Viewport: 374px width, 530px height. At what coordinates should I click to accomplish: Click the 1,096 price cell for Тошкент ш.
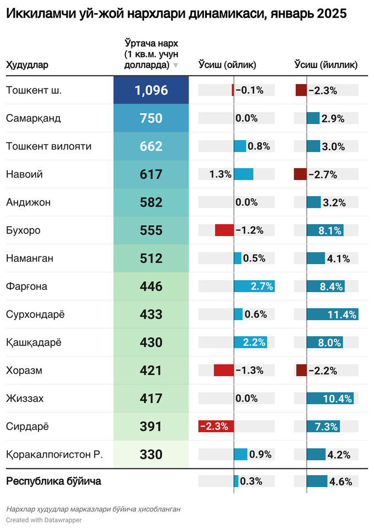point(151,91)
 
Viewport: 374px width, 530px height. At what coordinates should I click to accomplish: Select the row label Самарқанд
point(33,119)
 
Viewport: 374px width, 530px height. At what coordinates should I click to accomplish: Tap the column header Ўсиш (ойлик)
point(227,65)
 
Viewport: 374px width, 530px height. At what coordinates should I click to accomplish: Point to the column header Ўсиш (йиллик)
point(326,65)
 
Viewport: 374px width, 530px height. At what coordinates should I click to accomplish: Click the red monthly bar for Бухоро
point(224,231)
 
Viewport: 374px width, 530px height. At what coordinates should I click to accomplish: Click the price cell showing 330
point(151,455)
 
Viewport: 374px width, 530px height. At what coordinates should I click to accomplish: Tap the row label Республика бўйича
point(53,482)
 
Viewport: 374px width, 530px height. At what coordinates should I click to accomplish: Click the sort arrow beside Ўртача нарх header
point(175,65)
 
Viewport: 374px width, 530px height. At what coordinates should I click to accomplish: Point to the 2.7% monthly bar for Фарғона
point(254,287)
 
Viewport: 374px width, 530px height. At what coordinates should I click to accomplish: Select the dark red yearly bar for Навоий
point(301,175)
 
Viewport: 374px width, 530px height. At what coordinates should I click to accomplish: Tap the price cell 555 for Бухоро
point(151,231)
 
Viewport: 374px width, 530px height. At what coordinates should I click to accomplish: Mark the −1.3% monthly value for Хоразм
point(249,371)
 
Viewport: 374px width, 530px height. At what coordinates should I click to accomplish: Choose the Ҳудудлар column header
point(27,65)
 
